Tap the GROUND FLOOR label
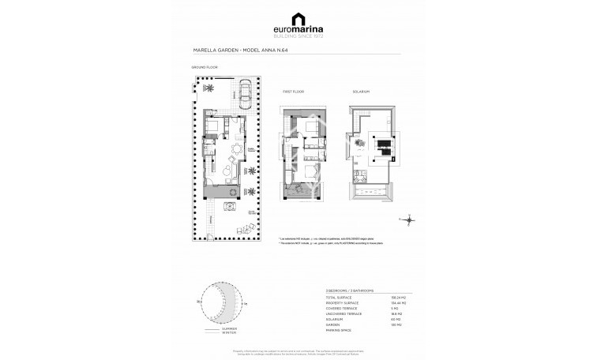coord(203,68)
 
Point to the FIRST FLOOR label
coord(293,92)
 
